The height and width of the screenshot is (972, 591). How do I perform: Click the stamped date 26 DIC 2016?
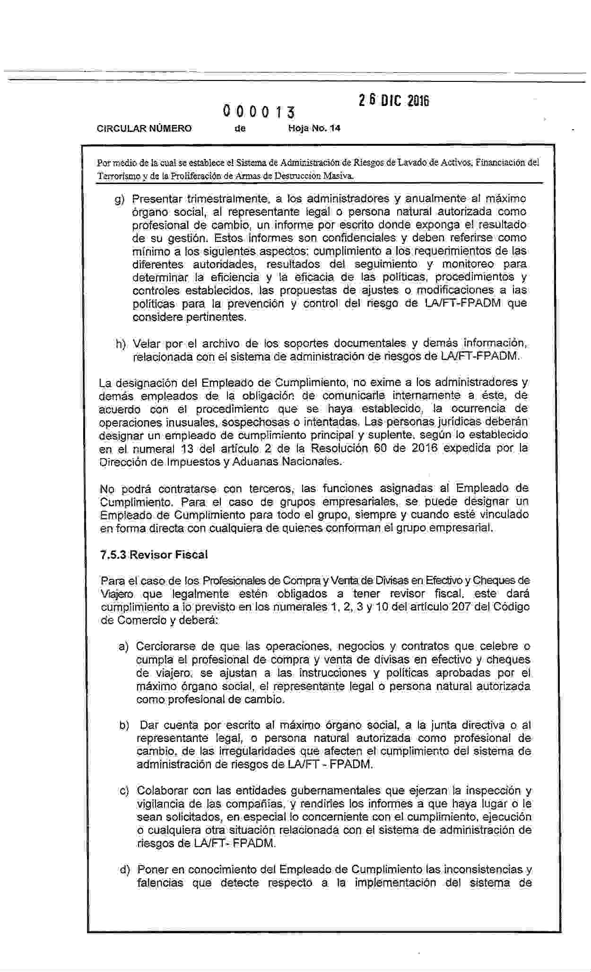pos(393,101)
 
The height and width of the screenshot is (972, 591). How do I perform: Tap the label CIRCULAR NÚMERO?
pos(144,128)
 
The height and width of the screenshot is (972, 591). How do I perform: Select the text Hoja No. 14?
pos(314,128)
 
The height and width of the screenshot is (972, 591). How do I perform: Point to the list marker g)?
pos(120,199)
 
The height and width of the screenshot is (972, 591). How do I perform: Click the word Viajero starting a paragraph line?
pos(116,594)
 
